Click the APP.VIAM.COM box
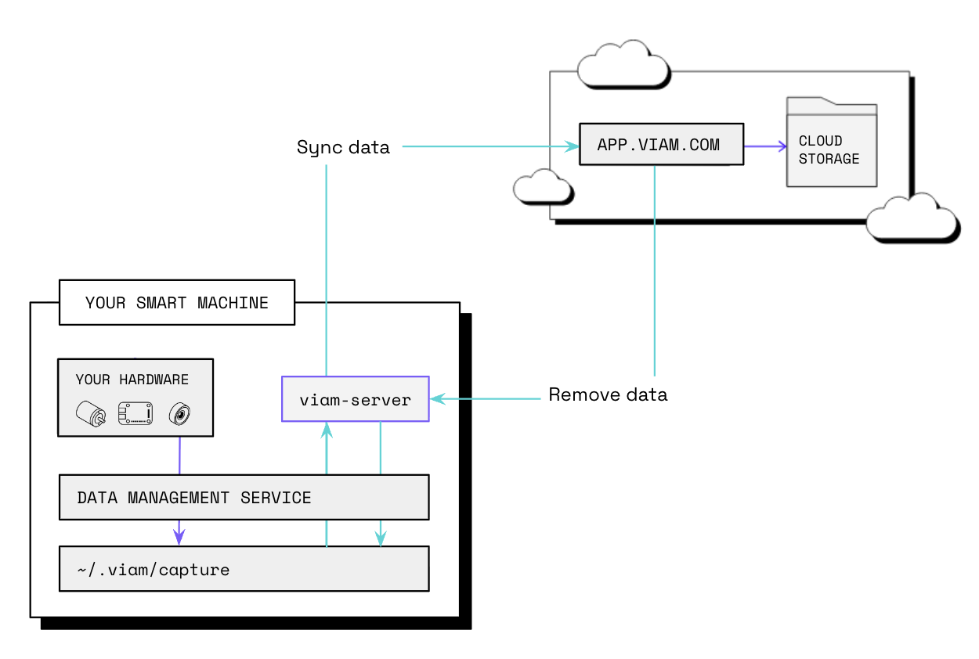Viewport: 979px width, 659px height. click(x=661, y=145)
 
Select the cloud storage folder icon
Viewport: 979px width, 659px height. click(x=831, y=143)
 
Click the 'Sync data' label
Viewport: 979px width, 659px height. click(x=343, y=147)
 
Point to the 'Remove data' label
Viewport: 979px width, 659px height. click(x=608, y=394)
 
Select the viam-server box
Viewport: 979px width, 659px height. click(x=355, y=399)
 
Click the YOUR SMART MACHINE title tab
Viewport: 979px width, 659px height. click(x=176, y=302)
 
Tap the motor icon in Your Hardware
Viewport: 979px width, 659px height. click(x=90, y=413)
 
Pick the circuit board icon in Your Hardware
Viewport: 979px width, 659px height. click(x=135, y=412)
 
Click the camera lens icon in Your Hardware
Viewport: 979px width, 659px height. click(x=180, y=413)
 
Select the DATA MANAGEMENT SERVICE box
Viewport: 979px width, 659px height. click(x=244, y=497)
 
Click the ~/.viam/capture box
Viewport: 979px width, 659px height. click(x=244, y=569)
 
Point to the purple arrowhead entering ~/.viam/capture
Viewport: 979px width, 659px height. click(x=179, y=538)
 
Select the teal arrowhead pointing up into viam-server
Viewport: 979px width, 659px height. click(x=327, y=430)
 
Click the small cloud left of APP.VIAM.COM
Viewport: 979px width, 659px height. click(x=541, y=187)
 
